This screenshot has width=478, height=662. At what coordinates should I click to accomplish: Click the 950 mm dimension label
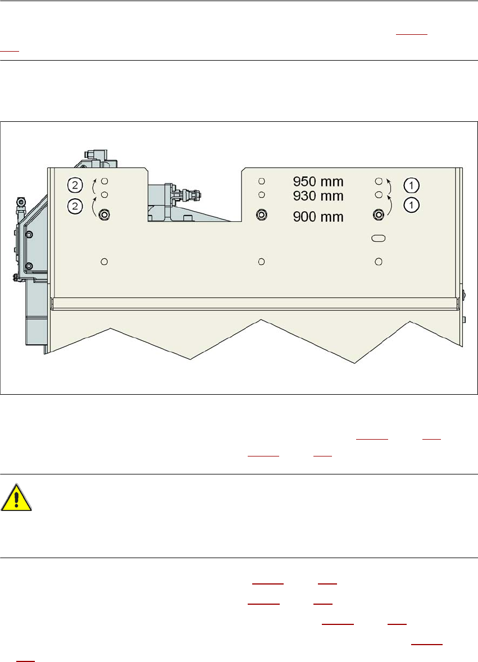tap(318, 182)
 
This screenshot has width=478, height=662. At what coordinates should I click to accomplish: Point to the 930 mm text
tap(318, 196)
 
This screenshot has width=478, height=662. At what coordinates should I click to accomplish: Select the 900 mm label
tap(318, 217)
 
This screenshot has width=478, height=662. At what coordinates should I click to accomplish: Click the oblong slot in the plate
tap(379, 239)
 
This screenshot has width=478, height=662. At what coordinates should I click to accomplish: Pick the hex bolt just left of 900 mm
tap(261, 214)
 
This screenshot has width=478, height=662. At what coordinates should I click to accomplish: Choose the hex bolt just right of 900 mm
tap(379, 214)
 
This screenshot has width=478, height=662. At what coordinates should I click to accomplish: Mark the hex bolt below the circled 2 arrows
tap(104, 214)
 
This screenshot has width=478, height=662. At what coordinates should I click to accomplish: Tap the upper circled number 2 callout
tap(75, 184)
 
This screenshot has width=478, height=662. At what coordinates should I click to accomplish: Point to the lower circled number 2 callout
tap(75, 206)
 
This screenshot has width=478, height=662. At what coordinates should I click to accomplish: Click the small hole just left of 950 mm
tap(261, 181)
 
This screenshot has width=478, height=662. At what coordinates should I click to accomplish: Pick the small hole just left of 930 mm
tap(261, 195)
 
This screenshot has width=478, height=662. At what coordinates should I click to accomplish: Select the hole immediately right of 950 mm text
tap(379, 181)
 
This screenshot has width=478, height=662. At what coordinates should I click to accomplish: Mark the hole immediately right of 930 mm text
tap(379, 194)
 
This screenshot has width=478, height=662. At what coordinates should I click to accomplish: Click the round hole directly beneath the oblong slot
tap(379, 261)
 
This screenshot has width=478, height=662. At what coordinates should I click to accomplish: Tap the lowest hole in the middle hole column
tap(261, 261)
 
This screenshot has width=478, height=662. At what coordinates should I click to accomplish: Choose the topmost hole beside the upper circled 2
tap(104, 181)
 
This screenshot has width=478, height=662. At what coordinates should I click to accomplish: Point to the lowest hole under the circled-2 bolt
tap(104, 261)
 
